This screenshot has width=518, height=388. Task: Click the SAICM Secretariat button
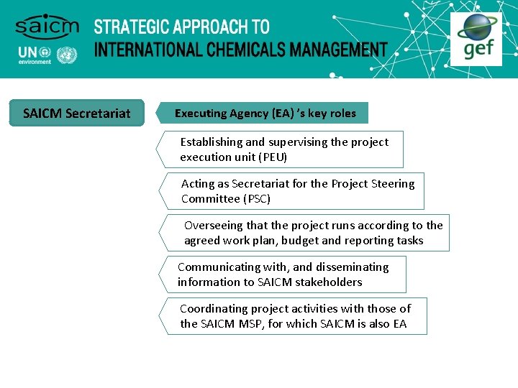(77, 113)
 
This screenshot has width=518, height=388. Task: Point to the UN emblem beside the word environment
(67, 55)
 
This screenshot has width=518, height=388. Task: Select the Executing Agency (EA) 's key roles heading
(265, 113)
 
